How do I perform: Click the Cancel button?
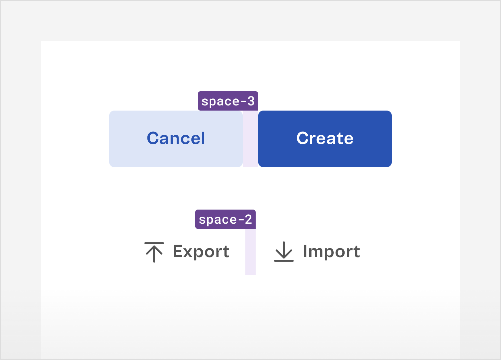click(x=176, y=139)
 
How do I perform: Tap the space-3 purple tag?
click(x=228, y=101)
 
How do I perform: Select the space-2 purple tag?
click(x=225, y=219)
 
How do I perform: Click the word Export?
click(x=201, y=252)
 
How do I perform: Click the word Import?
click(x=331, y=252)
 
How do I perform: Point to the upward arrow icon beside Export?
click(x=154, y=252)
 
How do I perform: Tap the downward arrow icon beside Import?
click(x=284, y=252)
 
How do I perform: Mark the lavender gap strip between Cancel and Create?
click(x=251, y=139)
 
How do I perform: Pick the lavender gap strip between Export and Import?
click(x=251, y=252)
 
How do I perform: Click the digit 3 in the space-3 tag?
click(x=251, y=101)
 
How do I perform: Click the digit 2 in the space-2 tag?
click(x=248, y=219)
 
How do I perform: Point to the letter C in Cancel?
click(x=153, y=138)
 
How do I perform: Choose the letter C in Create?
click(x=302, y=138)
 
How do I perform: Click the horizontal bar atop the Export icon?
click(x=154, y=243)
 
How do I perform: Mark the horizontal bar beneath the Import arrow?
click(x=284, y=261)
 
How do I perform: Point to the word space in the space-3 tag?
click(x=221, y=102)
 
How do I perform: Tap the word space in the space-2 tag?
click(x=218, y=220)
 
